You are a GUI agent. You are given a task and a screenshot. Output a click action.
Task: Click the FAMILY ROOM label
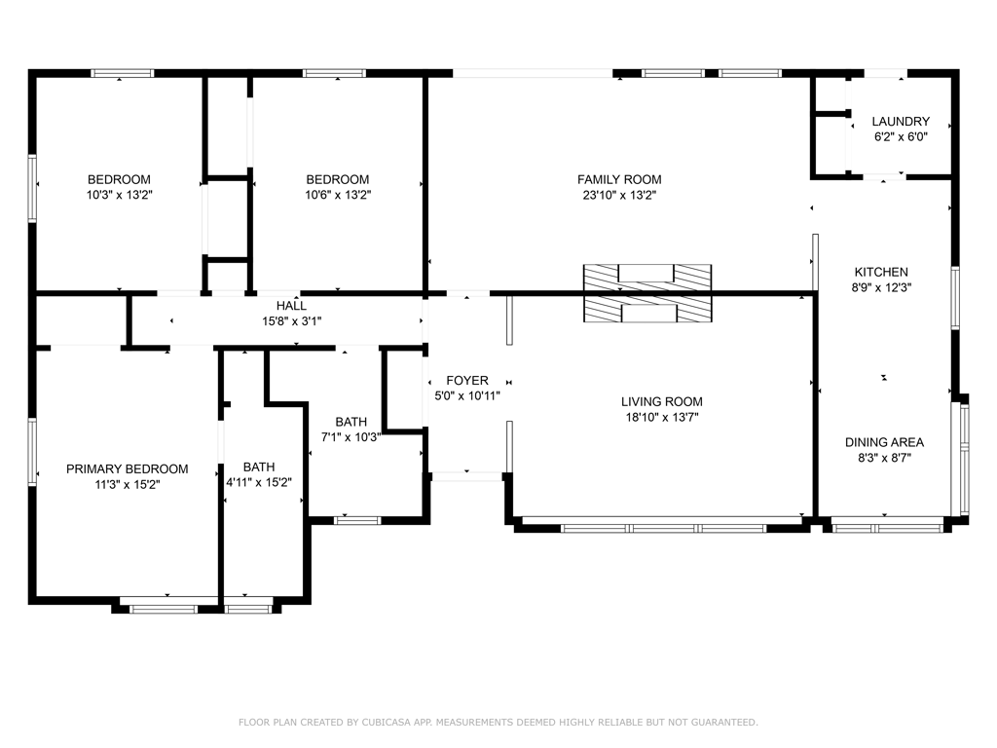(x=619, y=179)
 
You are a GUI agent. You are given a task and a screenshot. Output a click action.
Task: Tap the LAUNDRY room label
(x=901, y=121)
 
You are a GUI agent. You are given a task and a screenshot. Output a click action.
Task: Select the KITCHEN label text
(x=881, y=272)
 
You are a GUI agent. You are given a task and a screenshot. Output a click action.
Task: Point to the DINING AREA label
(x=884, y=442)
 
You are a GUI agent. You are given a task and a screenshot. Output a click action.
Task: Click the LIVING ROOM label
(x=661, y=401)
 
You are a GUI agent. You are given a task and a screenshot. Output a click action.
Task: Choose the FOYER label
(x=467, y=381)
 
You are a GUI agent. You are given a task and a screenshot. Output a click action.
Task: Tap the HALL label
(x=291, y=306)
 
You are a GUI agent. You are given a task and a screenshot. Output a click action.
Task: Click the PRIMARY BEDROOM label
(x=128, y=468)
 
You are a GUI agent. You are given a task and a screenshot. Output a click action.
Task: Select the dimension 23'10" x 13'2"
(x=619, y=195)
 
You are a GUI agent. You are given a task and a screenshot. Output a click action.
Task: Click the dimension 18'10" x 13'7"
(x=662, y=417)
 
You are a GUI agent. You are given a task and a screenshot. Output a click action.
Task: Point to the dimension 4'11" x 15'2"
(x=259, y=482)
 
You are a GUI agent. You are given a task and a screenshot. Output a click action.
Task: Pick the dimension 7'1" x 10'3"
(x=351, y=437)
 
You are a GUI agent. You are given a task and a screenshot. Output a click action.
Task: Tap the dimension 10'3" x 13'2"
(x=120, y=195)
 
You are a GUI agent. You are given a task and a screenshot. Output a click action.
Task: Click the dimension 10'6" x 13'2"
(x=338, y=195)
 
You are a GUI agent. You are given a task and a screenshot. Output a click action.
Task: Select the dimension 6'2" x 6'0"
(x=901, y=136)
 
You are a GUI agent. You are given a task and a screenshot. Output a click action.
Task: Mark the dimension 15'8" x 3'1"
(x=292, y=321)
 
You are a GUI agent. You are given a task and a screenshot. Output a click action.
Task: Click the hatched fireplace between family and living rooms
(x=647, y=293)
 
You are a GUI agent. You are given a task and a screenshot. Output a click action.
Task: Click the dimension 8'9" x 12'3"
(x=881, y=287)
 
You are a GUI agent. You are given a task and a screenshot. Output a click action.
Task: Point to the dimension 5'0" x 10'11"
(x=467, y=395)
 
